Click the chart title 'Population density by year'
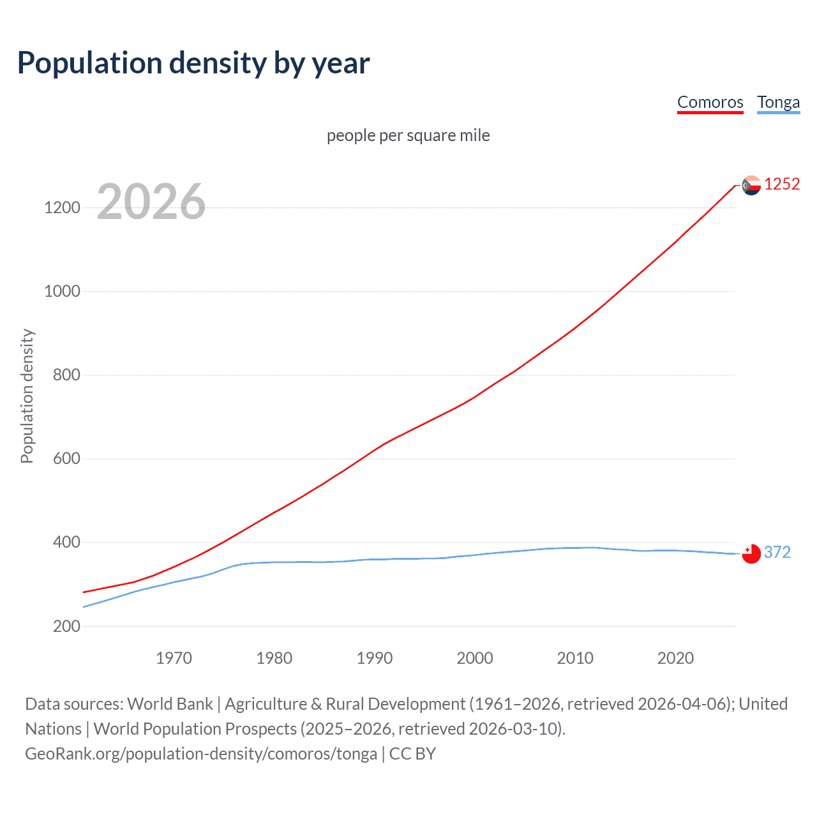point(193,63)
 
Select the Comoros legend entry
point(710,102)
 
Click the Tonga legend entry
point(778,102)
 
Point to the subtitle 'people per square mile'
point(408,135)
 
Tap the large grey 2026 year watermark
point(151,202)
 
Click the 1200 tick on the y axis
point(62,208)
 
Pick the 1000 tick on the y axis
point(62,292)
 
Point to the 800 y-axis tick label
point(66,375)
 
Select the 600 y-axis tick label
point(66,459)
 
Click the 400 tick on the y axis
point(66,543)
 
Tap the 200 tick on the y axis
point(66,626)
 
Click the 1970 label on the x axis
point(174,658)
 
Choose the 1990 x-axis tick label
point(375,658)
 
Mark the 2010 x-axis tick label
point(575,658)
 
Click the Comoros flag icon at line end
point(751,185)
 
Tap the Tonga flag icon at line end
point(751,553)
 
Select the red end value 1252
point(782,184)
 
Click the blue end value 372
point(777,552)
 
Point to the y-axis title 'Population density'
point(27,396)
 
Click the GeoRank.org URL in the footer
point(201,754)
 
